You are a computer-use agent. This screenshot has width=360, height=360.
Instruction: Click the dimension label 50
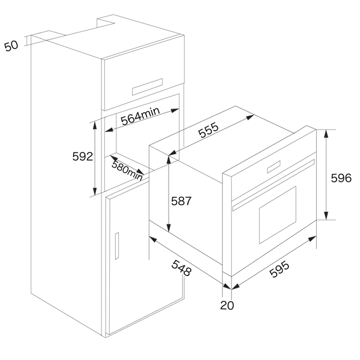pos(11,46)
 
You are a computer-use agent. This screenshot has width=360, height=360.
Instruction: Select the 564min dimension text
pos(140,116)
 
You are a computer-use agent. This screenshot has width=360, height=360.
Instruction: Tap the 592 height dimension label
pos(83,157)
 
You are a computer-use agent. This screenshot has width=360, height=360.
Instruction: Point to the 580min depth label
pos(127,171)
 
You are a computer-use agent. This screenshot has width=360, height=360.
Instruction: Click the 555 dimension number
pos(208,130)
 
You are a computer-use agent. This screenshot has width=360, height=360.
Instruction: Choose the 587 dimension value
pos(181,201)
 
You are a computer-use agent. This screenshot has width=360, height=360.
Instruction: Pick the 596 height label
pos(341,178)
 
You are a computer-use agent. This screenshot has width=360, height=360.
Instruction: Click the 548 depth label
pos(181,268)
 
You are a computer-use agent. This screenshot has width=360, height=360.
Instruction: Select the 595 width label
pos(279,269)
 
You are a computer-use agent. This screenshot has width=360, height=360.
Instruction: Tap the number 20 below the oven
pos(227,305)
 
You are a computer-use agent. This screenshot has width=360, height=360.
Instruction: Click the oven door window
pos(278,215)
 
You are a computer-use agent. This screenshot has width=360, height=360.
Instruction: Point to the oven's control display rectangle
pos(274,167)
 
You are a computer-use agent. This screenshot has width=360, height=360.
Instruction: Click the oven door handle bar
pos(274,185)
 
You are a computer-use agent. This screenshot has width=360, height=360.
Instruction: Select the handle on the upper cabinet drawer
pos(147,87)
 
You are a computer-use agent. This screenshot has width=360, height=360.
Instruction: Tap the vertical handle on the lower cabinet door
pos(117,246)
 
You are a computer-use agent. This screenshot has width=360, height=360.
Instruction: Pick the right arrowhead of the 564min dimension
pos(175,110)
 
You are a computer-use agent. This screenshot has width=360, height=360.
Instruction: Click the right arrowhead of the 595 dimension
pos(312,239)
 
